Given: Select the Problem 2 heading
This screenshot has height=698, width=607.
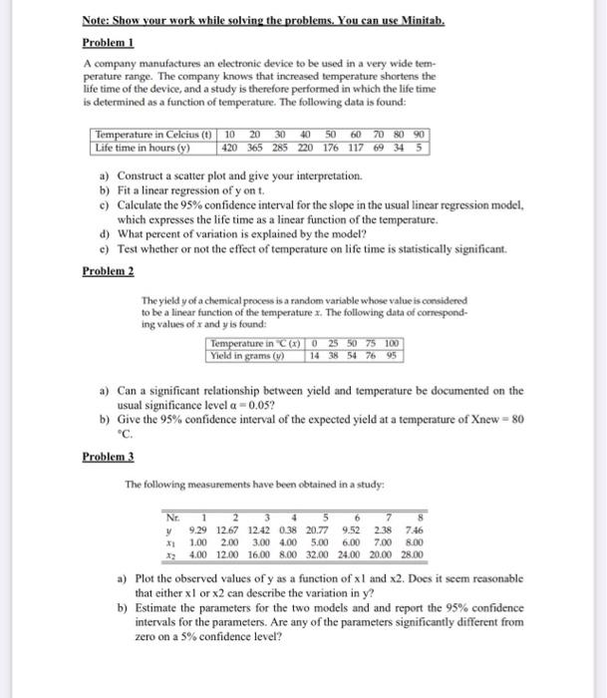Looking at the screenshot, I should (108, 270).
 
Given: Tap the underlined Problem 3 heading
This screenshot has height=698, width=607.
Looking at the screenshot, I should (108, 456).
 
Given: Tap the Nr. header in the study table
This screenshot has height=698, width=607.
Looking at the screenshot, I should (176, 517).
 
